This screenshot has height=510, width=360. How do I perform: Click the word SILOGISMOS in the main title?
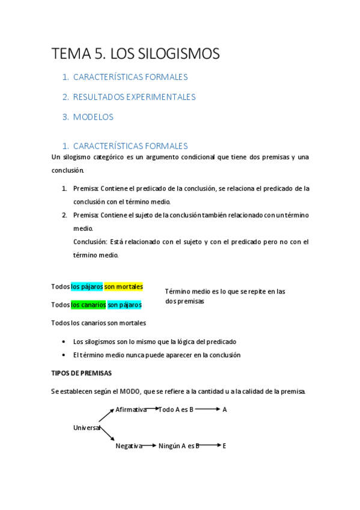182,54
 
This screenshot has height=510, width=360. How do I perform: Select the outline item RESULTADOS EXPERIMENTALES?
134,97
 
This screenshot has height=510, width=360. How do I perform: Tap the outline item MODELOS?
93,117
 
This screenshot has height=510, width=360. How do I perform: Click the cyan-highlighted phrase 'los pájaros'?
87,287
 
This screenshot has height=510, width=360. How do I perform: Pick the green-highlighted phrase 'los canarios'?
88,305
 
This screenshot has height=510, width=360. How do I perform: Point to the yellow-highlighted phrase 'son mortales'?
124,287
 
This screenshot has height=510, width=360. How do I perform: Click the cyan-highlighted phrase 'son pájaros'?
124,305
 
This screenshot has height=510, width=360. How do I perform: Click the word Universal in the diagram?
87,427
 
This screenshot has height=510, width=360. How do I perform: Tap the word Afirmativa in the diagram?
131,410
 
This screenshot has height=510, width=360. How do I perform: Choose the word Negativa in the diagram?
129,446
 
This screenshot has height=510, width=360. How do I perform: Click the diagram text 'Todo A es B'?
175,410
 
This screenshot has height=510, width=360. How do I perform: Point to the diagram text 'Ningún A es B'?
179,446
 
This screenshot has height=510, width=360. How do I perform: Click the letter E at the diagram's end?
224,446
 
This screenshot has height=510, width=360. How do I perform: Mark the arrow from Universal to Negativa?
107,437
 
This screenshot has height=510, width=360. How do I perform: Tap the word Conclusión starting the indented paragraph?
90,242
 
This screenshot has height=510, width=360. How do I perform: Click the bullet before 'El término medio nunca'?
64,355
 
